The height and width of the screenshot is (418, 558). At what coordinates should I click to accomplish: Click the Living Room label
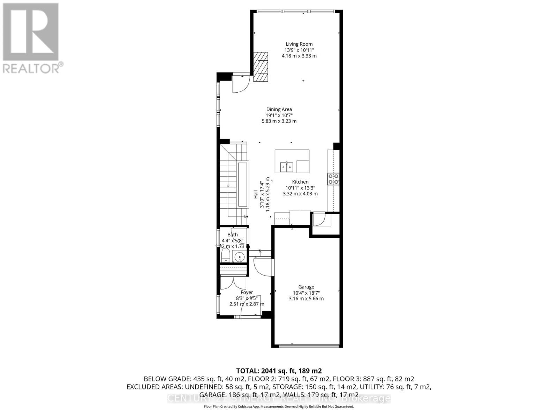[x=299, y=44]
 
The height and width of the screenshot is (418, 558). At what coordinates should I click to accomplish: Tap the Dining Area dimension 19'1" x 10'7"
[x=279, y=115]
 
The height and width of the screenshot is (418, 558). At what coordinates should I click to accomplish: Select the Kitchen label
[x=300, y=182]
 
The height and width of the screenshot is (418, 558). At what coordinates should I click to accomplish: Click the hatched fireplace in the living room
[x=261, y=67]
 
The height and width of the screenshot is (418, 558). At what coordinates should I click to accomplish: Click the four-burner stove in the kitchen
[x=333, y=179]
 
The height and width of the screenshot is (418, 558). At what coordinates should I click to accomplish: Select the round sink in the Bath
[x=240, y=258]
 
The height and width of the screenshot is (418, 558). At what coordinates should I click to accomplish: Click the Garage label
[x=306, y=287]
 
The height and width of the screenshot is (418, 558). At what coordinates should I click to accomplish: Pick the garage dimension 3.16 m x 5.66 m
[x=306, y=299]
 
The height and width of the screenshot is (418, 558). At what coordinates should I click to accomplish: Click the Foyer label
[x=247, y=293]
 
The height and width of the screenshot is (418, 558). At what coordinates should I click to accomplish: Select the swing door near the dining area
[x=240, y=84]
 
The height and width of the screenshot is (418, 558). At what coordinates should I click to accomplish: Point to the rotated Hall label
[x=256, y=194]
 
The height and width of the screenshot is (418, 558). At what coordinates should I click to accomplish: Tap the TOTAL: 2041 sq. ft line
[x=279, y=371]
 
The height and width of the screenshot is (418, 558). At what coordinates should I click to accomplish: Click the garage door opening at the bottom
[x=309, y=346]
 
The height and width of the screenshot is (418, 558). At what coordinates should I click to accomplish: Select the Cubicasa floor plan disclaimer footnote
[x=279, y=407]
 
